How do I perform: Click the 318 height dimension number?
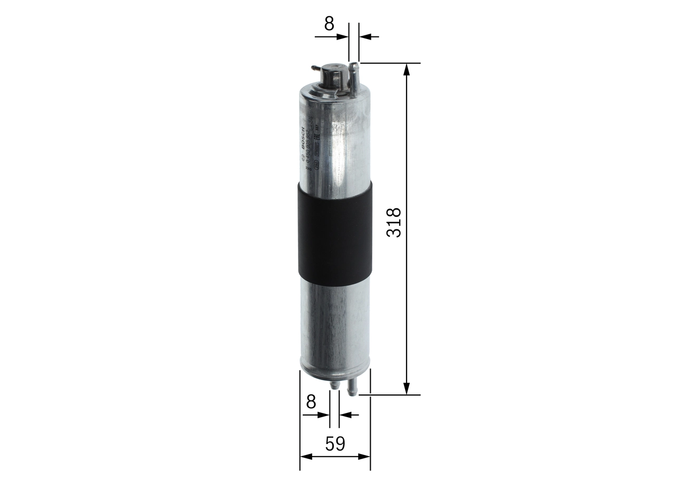pos(394,222)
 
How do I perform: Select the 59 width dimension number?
pos(334,444)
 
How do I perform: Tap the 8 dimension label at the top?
pos(329,24)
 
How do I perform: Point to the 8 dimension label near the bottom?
pos(311,402)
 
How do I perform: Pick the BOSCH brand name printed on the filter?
pos(302,138)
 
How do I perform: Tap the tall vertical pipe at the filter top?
pos(354,79)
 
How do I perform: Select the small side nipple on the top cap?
pos(315,68)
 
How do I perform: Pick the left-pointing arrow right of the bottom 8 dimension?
pos(345,415)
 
